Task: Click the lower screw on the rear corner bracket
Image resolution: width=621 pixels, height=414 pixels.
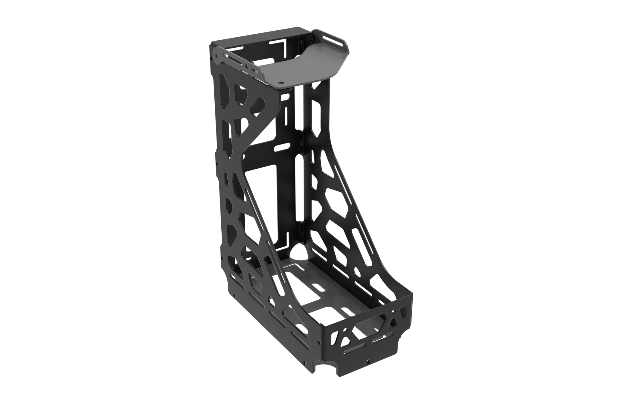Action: [x=302, y=232]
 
